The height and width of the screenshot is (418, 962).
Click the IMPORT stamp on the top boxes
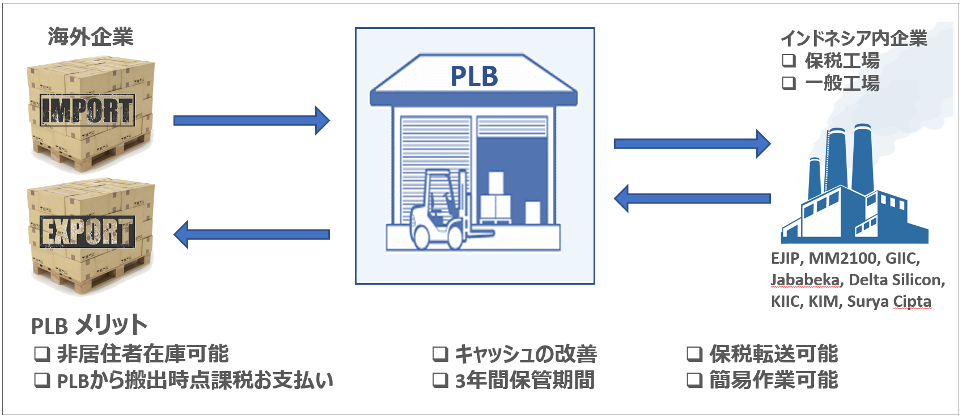[87, 110]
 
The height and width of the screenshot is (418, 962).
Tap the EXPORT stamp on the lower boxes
[87, 231]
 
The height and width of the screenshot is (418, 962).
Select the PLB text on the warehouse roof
[474, 77]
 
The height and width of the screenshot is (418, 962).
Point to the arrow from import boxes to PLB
[251, 120]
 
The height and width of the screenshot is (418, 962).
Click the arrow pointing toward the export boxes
[251, 234]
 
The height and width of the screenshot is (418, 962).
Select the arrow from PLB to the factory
[692, 143]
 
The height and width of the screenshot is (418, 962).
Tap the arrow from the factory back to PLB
[692, 199]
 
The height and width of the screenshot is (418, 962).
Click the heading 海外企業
[90, 37]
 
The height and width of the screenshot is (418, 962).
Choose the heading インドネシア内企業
[854, 39]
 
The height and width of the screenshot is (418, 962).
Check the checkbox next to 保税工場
[789, 60]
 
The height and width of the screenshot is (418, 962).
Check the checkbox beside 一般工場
[789, 83]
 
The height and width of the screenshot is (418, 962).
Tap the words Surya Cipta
[889, 301]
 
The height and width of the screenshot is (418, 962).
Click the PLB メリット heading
[89, 326]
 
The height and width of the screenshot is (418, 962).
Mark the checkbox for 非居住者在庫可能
[42, 354]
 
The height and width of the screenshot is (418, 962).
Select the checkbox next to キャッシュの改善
[440, 354]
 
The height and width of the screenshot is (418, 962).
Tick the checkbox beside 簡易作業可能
[694, 380]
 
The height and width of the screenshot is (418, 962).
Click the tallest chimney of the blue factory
[862, 156]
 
